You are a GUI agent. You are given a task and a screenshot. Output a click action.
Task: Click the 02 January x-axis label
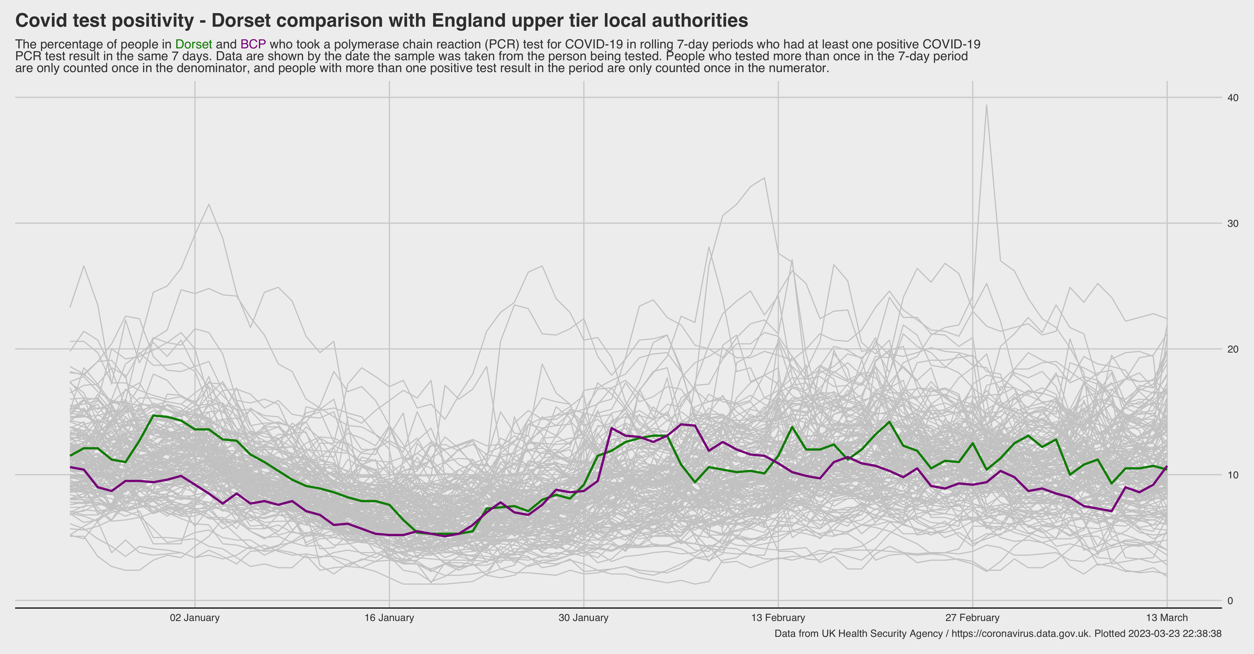tap(195, 618)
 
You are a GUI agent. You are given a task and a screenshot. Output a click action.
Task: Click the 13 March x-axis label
tap(1167, 618)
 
